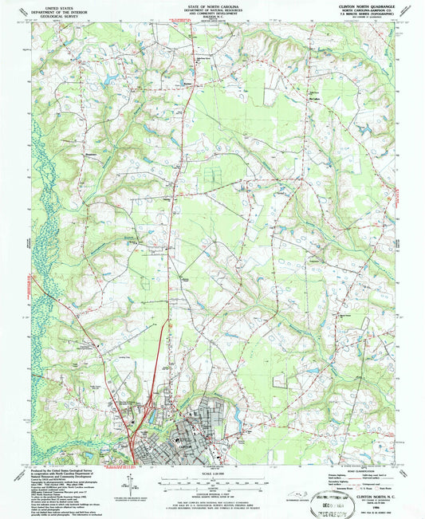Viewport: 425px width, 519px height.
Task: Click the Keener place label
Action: point(189,81)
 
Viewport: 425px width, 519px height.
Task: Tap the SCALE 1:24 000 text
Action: point(212,474)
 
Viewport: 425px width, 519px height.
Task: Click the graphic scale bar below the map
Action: point(212,481)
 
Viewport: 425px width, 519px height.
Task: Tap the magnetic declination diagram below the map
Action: point(127,482)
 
